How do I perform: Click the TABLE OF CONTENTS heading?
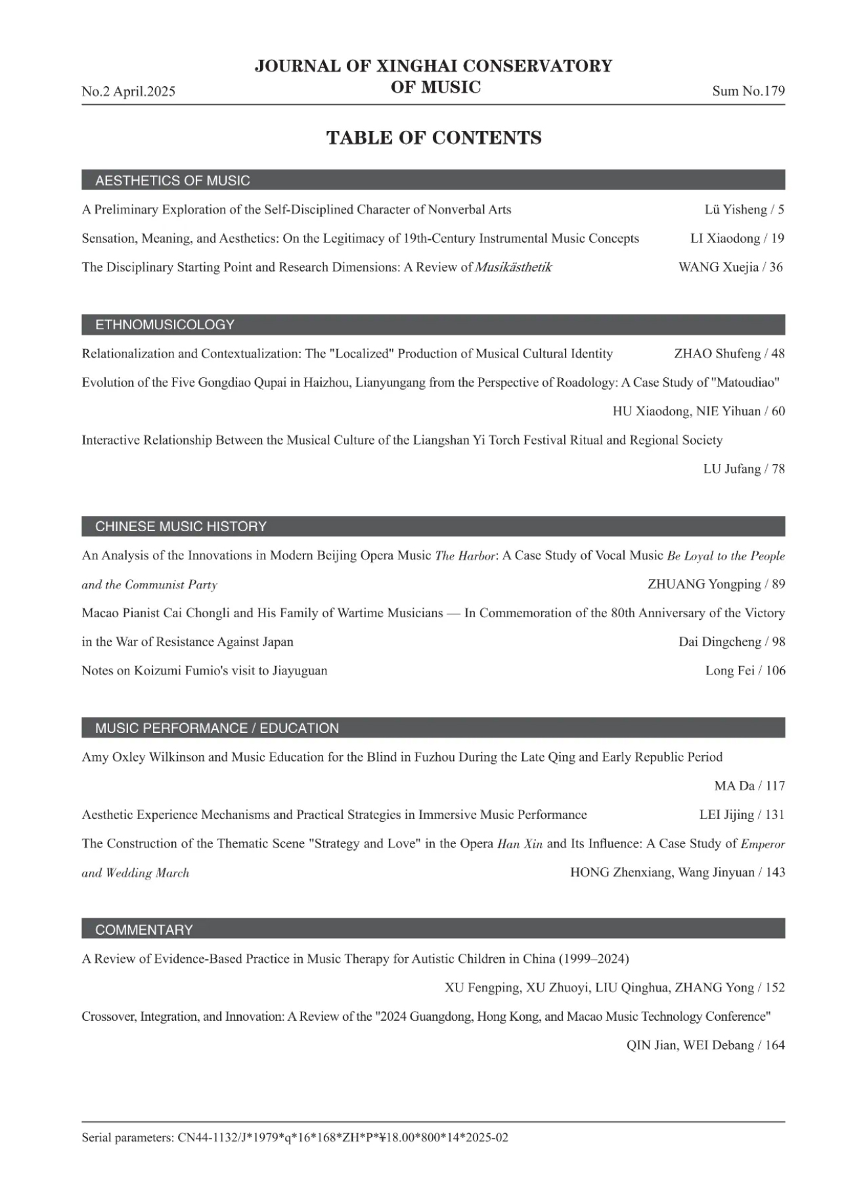[433, 137]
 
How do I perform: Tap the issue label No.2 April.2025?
[128, 91]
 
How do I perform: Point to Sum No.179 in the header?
[748, 91]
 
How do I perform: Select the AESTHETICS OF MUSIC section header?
[172, 180]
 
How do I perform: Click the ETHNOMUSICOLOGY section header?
[164, 324]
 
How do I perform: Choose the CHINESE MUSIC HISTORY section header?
[181, 526]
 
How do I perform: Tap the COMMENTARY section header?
[144, 930]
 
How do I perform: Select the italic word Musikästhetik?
[513, 267]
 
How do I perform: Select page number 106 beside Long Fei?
[775, 671]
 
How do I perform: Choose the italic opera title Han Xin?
[520, 844]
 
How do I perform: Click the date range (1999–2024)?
[594, 959]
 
